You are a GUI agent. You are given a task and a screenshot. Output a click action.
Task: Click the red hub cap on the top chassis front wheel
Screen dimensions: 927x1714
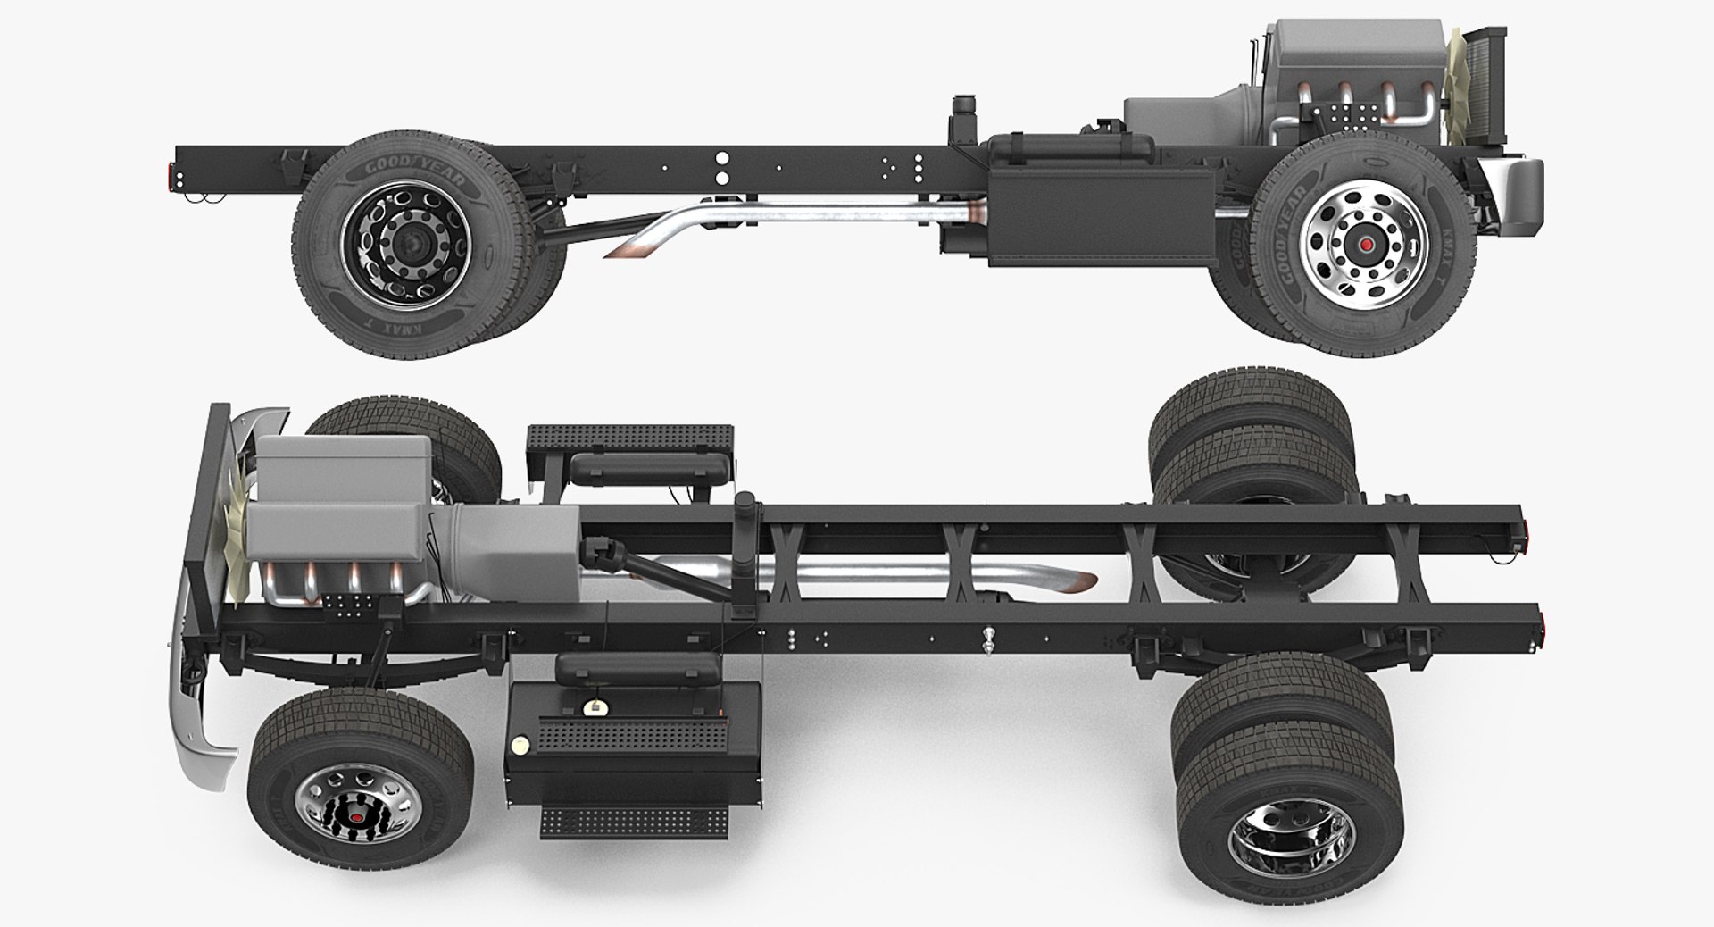click(x=1364, y=244)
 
